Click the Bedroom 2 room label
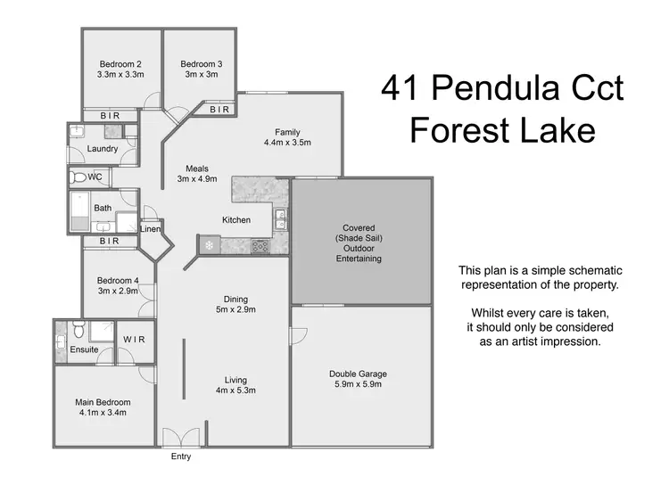[x=120, y=63]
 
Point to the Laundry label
[x=103, y=149]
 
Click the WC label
[x=95, y=177]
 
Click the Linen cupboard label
[x=149, y=229]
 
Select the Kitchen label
[x=236, y=220]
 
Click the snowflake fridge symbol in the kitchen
[x=209, y=244]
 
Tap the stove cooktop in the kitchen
[x=261, y=247]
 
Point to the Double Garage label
[x=358, y=374]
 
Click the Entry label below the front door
[x=180, y=456]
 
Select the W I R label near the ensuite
[x=134, y=339]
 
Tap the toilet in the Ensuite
[x=79, y=332]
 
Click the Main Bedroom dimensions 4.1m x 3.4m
[x=103, y=414]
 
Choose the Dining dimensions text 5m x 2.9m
[x=235, y=310]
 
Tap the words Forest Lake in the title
[x=502, y=131]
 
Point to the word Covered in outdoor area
[x=359, y=227]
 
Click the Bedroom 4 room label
[x=118, y=280]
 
